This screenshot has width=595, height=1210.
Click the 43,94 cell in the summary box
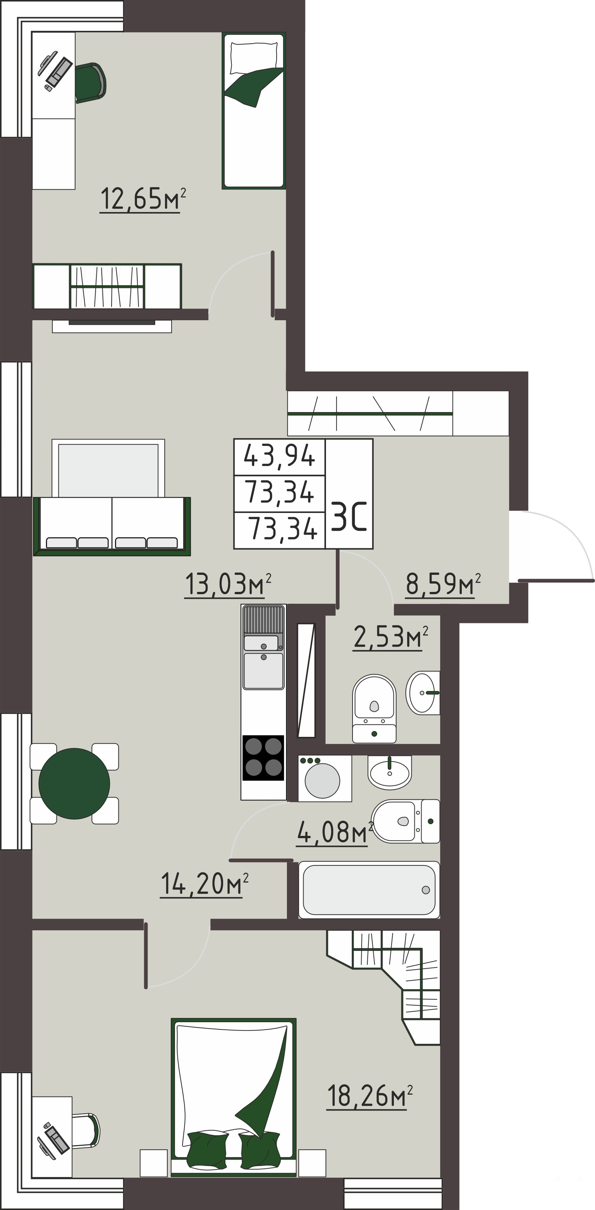[279, 456]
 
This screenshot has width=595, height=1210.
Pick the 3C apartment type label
[349, 516]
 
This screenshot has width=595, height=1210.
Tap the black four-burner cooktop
[263, 758]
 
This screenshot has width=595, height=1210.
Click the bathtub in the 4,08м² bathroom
[369, 890]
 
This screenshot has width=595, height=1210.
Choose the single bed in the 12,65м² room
[253, 110]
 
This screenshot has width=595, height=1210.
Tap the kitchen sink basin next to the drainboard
[263, 670]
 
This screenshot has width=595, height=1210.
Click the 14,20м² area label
[204, 884]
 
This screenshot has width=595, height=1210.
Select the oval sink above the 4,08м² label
[389, 772]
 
